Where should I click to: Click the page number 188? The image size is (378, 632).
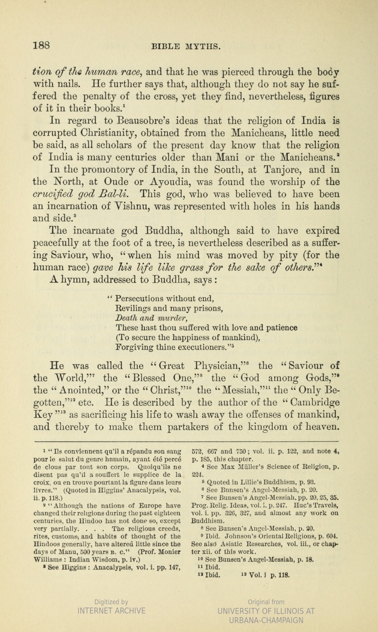42,46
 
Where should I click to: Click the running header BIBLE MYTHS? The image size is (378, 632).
186,47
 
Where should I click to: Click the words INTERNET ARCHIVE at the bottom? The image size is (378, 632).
111,611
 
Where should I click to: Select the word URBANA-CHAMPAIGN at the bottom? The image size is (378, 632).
266,620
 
